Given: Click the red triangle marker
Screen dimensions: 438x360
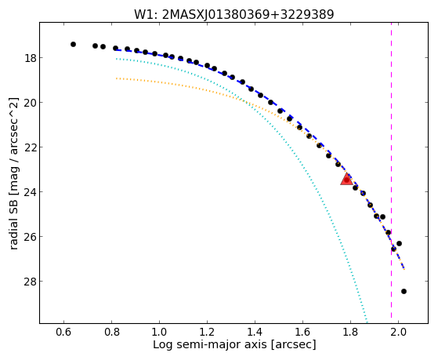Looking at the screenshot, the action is [346, 180].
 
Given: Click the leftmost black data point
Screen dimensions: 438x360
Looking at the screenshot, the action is [73, 44].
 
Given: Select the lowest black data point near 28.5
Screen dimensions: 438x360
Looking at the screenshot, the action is [404, 292].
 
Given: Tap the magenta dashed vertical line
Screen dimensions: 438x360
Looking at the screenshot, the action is [391, 170].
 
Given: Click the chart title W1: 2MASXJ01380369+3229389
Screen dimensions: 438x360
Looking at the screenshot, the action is [233, 15].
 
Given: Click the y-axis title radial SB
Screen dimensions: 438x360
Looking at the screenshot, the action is [14, 173].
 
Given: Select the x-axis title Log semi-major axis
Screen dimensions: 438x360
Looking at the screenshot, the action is [234, 344].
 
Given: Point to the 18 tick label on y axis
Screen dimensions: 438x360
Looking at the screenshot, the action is [30, 58].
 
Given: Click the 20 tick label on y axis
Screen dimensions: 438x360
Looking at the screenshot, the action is [30, 103].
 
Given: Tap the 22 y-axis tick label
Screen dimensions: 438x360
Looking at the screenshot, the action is [30, 147].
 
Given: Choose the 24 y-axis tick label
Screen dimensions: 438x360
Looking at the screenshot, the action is [30, 192].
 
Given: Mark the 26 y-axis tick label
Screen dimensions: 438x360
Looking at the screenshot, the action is [30, 236].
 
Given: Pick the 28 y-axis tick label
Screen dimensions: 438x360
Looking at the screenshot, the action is [30, 281].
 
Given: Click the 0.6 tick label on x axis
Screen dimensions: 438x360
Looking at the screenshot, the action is [64, 332].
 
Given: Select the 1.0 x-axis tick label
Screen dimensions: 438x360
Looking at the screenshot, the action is [159, 332].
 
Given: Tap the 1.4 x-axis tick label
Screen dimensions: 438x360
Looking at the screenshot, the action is [255, 332].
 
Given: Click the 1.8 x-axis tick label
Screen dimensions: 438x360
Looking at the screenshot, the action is [350, 332].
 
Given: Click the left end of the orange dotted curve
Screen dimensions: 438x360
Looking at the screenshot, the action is [116, 78].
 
